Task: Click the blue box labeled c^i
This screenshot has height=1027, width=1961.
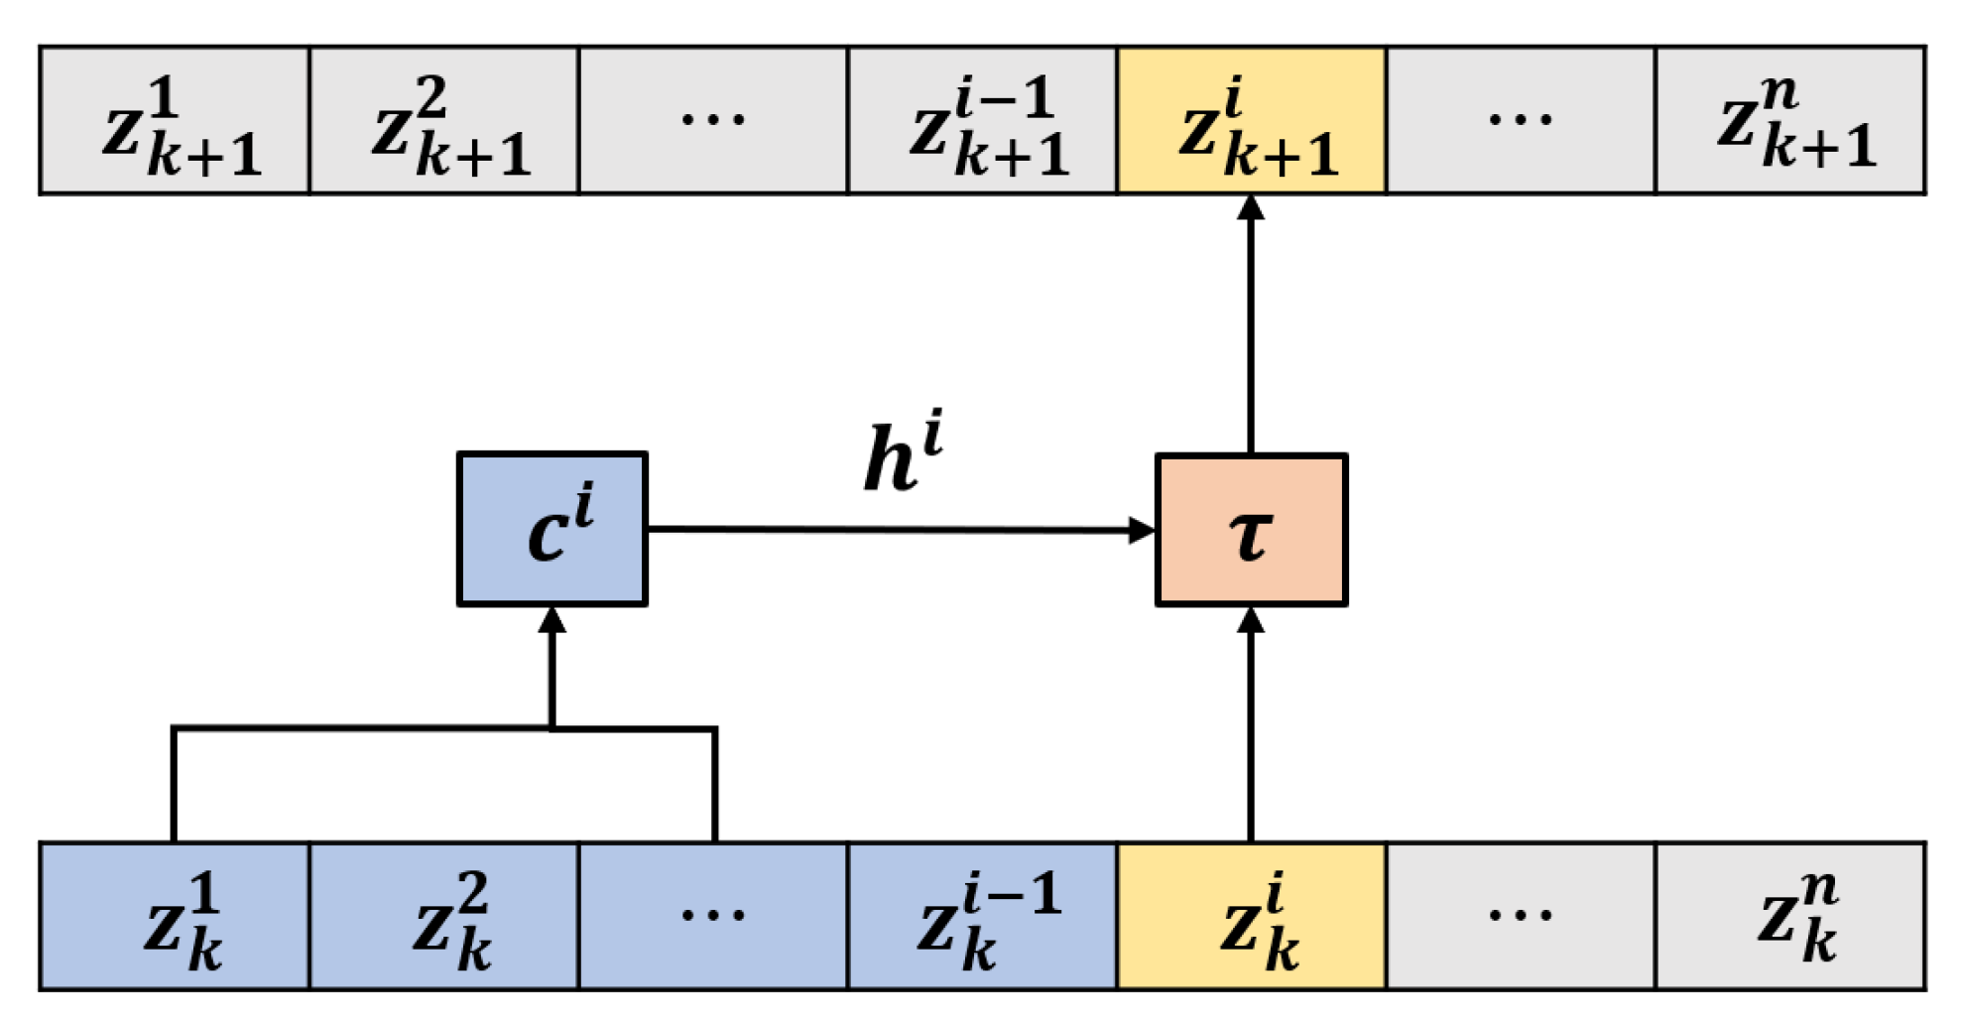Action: point(552,529)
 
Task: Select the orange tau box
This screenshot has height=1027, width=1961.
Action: point(1251,530)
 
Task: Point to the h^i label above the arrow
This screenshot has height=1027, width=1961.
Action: point(902,453)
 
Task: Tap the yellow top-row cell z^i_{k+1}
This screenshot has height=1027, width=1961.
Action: point(1251,120)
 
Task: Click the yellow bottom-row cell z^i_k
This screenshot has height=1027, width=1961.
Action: point(1251,916)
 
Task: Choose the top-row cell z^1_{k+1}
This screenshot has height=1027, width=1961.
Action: point(176,120)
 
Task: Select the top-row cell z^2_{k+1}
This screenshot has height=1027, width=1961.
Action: point(444,120)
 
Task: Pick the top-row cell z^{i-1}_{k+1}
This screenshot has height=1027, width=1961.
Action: point(982,120)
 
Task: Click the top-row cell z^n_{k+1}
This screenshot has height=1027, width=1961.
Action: point(1790,120)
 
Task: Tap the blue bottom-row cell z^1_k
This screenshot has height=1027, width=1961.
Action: point(176,916)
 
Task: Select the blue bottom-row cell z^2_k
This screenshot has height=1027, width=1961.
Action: point(444,916)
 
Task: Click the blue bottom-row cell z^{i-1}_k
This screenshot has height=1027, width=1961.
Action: point(982,916)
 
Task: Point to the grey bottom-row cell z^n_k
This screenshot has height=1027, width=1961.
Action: point(1790,916)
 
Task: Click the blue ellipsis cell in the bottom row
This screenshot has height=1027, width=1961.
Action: point(713,916)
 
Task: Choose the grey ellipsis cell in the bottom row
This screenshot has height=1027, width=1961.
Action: point(1521,916)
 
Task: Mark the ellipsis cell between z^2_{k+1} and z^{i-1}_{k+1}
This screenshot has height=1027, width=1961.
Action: point(713,120)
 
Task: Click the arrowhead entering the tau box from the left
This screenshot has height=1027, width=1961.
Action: point(1142,530)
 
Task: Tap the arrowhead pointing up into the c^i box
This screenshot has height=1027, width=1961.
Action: point(552,621)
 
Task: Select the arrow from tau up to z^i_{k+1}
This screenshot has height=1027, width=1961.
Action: point(1251,327)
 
